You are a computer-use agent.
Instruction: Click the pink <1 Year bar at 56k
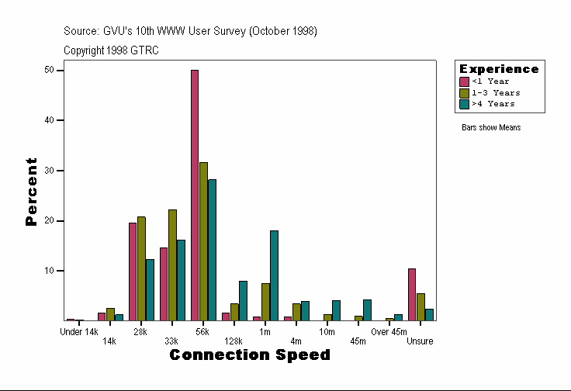tap(195, 195)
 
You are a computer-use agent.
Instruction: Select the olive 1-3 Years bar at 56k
tap(203, 241)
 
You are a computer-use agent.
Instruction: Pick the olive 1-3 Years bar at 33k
tap(172, 265)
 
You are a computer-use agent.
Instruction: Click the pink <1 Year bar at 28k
tap(133, 272)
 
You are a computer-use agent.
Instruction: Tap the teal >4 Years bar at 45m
tap(367, 310)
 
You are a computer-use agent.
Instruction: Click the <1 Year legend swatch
tap(464, 81)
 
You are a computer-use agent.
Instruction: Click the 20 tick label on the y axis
tap(50, 221)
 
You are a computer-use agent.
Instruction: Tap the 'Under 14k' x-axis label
tap(79, 332)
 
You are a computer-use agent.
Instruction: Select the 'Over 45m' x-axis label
tap(389, 332)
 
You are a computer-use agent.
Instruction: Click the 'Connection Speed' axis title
tap(249, 355)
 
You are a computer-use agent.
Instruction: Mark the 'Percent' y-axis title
tap(31, 192)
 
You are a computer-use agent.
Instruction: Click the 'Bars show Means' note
tap(491, 127)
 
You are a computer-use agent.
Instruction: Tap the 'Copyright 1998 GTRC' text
tap(112, 50)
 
